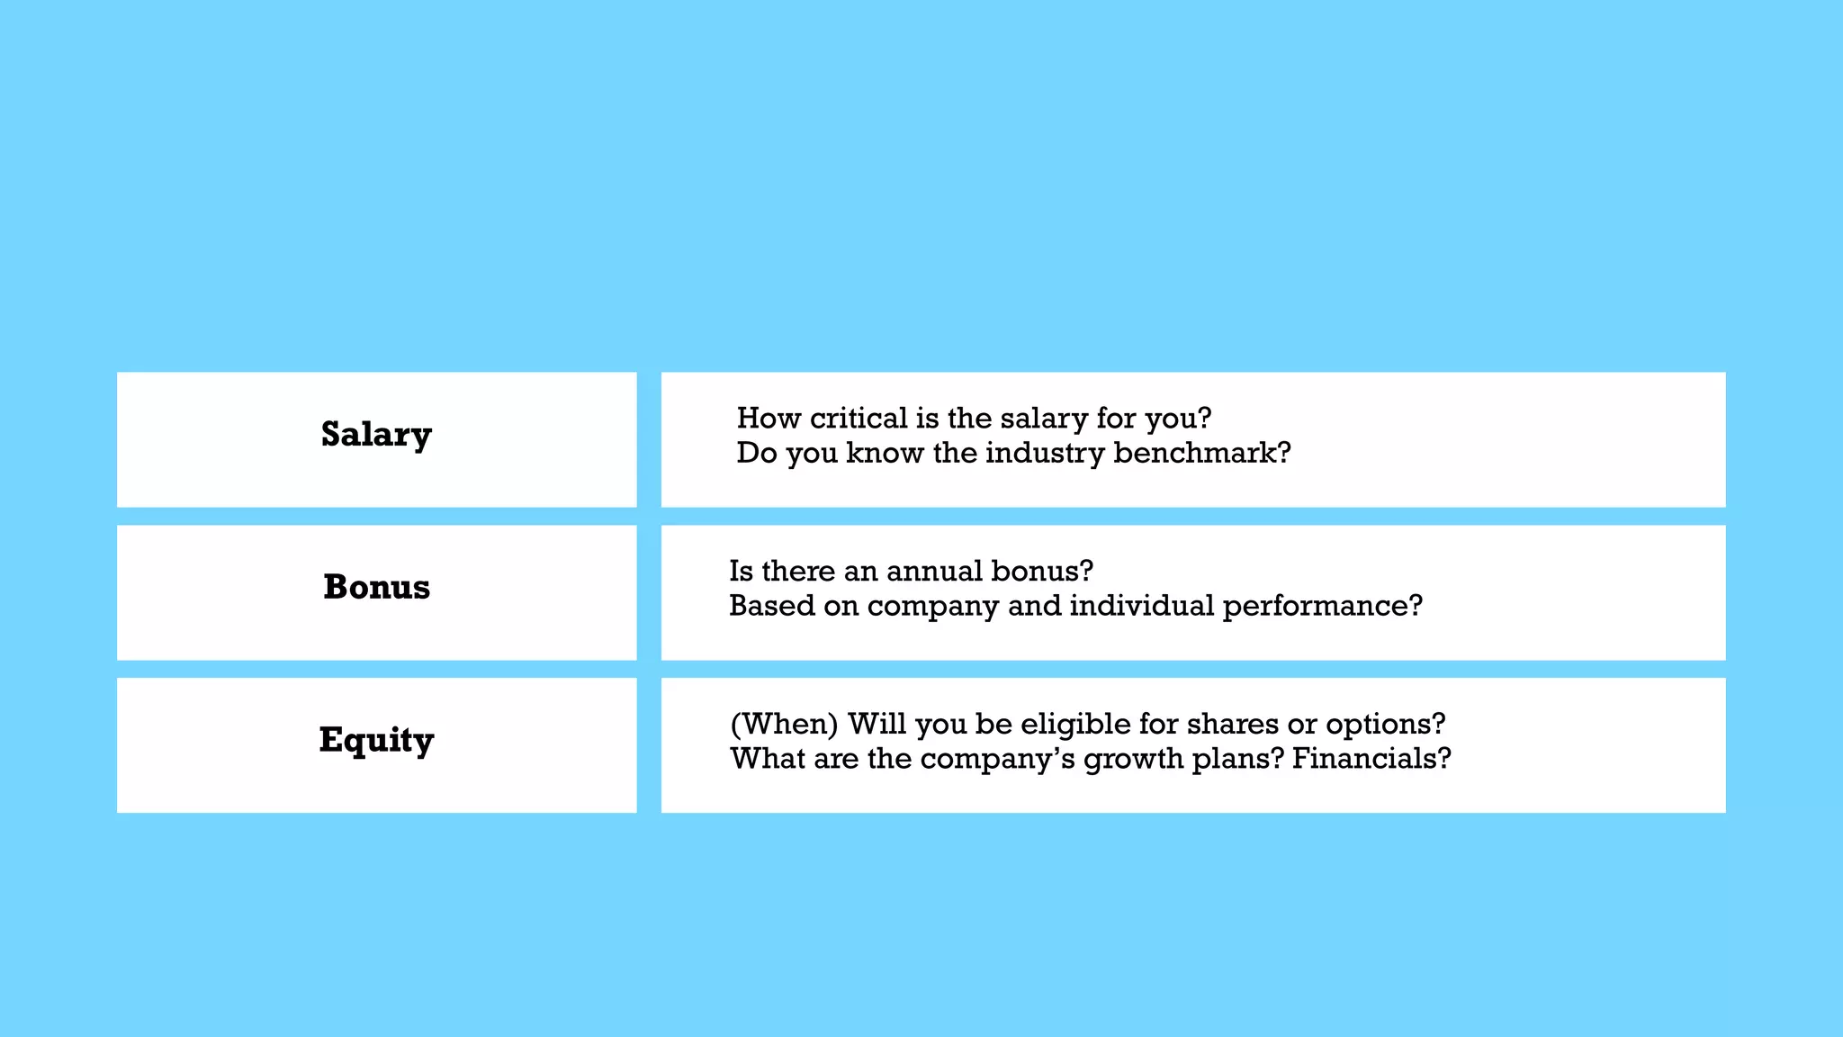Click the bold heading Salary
(x=376, y=435)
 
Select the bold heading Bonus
(x=376, y=587)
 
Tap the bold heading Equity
(x=376, y=740)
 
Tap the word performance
(x=1321, y=606)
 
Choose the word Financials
(x=1371, y=759)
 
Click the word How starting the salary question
(x=769, y=419)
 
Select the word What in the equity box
(x=767, y=759)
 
